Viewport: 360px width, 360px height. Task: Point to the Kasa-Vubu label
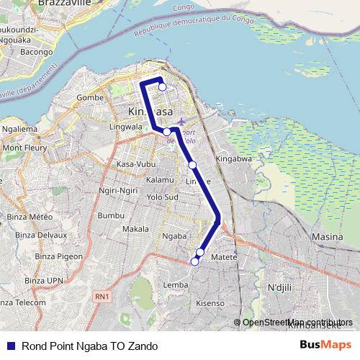(136, 164)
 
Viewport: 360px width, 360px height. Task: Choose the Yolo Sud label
(161, 196)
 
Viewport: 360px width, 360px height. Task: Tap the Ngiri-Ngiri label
(119, 191)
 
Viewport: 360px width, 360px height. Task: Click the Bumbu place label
(111, 215)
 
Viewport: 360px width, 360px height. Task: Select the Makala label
(135, 229)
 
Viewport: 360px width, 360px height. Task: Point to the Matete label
(224, 256)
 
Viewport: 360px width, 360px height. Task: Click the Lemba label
(176, 285)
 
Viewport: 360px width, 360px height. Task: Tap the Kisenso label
(210, 304)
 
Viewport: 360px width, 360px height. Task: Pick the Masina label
(325, 236)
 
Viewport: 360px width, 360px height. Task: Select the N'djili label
(282, 288)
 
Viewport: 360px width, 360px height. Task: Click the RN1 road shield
(102, 295)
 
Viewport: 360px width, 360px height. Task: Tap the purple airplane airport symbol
(181, 121)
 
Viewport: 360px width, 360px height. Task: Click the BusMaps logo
(326, 346)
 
